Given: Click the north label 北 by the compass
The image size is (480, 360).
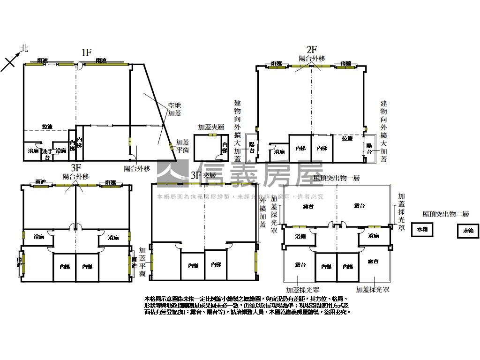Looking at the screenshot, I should coord(24,48).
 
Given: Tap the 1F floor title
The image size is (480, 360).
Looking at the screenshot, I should coord(86,52).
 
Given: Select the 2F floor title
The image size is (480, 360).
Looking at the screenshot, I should coord(312,49).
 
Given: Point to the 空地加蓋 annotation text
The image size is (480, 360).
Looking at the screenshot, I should coord(175,110).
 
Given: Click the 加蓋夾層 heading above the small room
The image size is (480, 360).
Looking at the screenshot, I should coord(211,127).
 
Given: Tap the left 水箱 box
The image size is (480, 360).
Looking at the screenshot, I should coord(422,230).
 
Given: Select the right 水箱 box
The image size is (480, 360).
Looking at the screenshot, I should coord(468,231).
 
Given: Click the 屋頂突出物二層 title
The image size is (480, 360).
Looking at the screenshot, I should coord(445,214).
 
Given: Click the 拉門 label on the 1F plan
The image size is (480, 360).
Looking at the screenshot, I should coord(47,127).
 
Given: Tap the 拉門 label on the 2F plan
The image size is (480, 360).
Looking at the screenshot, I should coord(347,138).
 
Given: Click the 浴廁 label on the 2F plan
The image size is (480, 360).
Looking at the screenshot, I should coord(279,152).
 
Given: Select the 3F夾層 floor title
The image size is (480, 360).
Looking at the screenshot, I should coord(203,175).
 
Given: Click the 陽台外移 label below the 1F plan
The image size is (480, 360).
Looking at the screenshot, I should coord(137,169).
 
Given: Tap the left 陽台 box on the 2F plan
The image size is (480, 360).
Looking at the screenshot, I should coord(252,148).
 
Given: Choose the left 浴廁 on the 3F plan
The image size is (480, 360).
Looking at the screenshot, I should coord(38,238).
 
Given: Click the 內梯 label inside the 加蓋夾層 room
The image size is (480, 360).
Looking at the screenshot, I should coord(225,147).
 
